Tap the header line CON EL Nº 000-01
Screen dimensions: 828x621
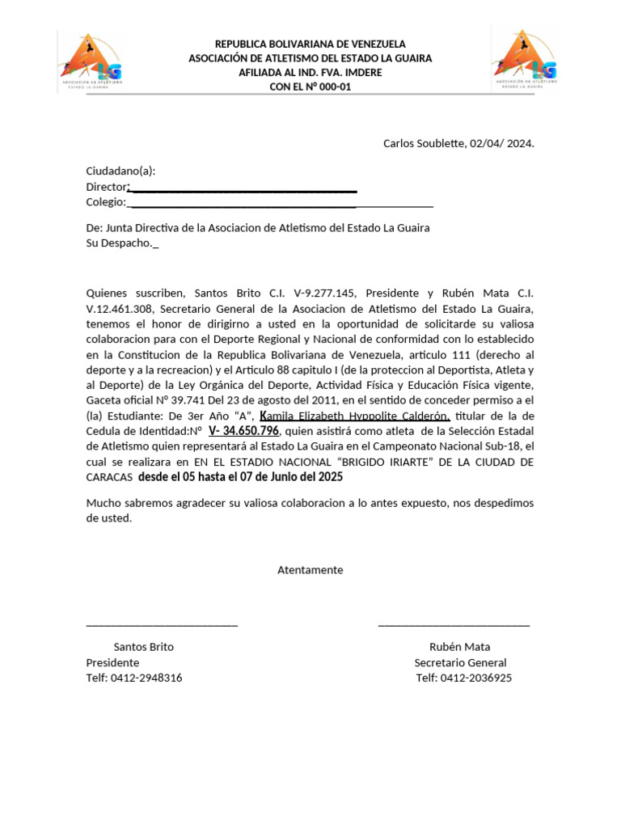tap(310, 87)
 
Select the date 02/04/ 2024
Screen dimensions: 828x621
tap(501, 144)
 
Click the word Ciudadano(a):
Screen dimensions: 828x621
tap(120, 171)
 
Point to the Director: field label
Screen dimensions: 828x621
tap(107, 187)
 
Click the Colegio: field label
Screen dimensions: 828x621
tap(106, 202)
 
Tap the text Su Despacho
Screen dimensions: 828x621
tap(119, 243)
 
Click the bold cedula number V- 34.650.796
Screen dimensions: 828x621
tap(243, 431)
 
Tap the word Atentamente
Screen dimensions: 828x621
tap(310, 570)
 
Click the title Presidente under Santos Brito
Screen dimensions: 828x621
tap(112, 663)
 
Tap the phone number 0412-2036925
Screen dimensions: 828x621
tap(479, 678)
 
